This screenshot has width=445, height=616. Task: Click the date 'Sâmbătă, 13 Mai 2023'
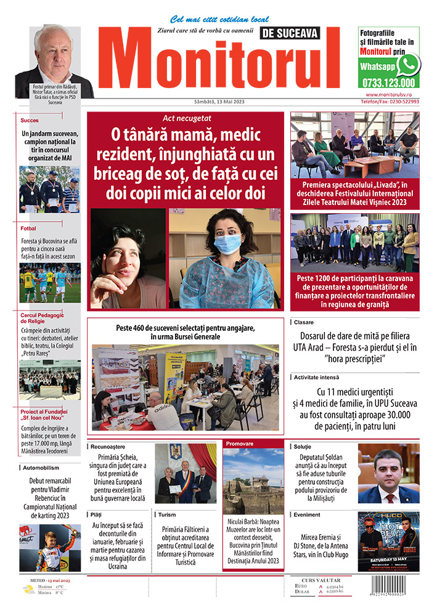pos(211,102)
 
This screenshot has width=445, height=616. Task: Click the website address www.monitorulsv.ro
pos(392,95)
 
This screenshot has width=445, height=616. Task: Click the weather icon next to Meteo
pos(28,589)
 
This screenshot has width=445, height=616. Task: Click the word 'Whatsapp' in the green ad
pos(377,67)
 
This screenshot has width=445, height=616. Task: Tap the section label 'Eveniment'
pos(307,514)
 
